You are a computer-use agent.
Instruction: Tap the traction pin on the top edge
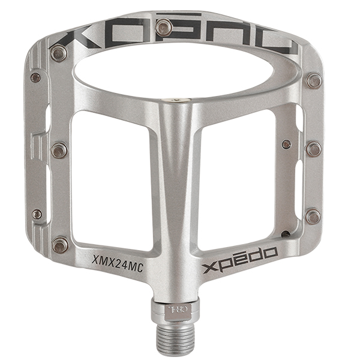162,27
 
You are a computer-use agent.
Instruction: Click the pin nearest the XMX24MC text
60,244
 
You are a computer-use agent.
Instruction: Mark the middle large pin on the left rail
58,150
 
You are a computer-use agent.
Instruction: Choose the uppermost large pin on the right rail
313,80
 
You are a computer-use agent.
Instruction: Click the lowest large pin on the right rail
313,216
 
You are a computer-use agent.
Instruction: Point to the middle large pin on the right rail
313,148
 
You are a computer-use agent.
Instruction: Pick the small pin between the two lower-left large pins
37,213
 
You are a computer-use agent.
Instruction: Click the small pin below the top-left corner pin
36,77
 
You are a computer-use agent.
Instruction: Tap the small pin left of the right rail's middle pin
287,144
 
